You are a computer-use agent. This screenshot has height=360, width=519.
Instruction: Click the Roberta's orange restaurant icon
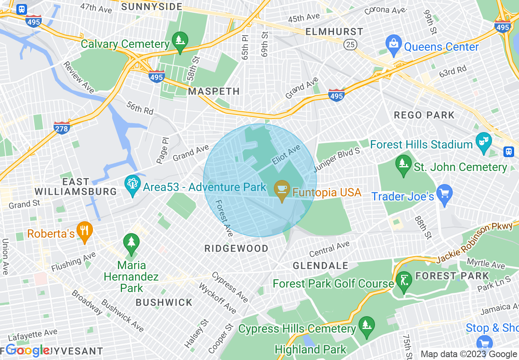(84, 232)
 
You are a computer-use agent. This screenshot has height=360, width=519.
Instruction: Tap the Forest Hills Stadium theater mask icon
(483, 142)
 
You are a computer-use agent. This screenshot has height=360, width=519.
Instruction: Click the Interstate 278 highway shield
(62, 127)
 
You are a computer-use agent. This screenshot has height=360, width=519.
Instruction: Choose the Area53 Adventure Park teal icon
(132, 185)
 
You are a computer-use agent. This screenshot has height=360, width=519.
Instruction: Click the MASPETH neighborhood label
(214, 91)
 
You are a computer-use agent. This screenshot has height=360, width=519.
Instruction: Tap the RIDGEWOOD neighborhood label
(237, 248)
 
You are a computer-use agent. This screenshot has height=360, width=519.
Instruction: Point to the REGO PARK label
(424, 115)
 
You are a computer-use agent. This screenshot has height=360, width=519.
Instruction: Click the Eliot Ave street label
(286, 155)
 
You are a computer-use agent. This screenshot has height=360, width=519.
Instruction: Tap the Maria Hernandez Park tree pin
(131, 243)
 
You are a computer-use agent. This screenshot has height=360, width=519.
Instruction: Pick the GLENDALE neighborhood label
(320, 265)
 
